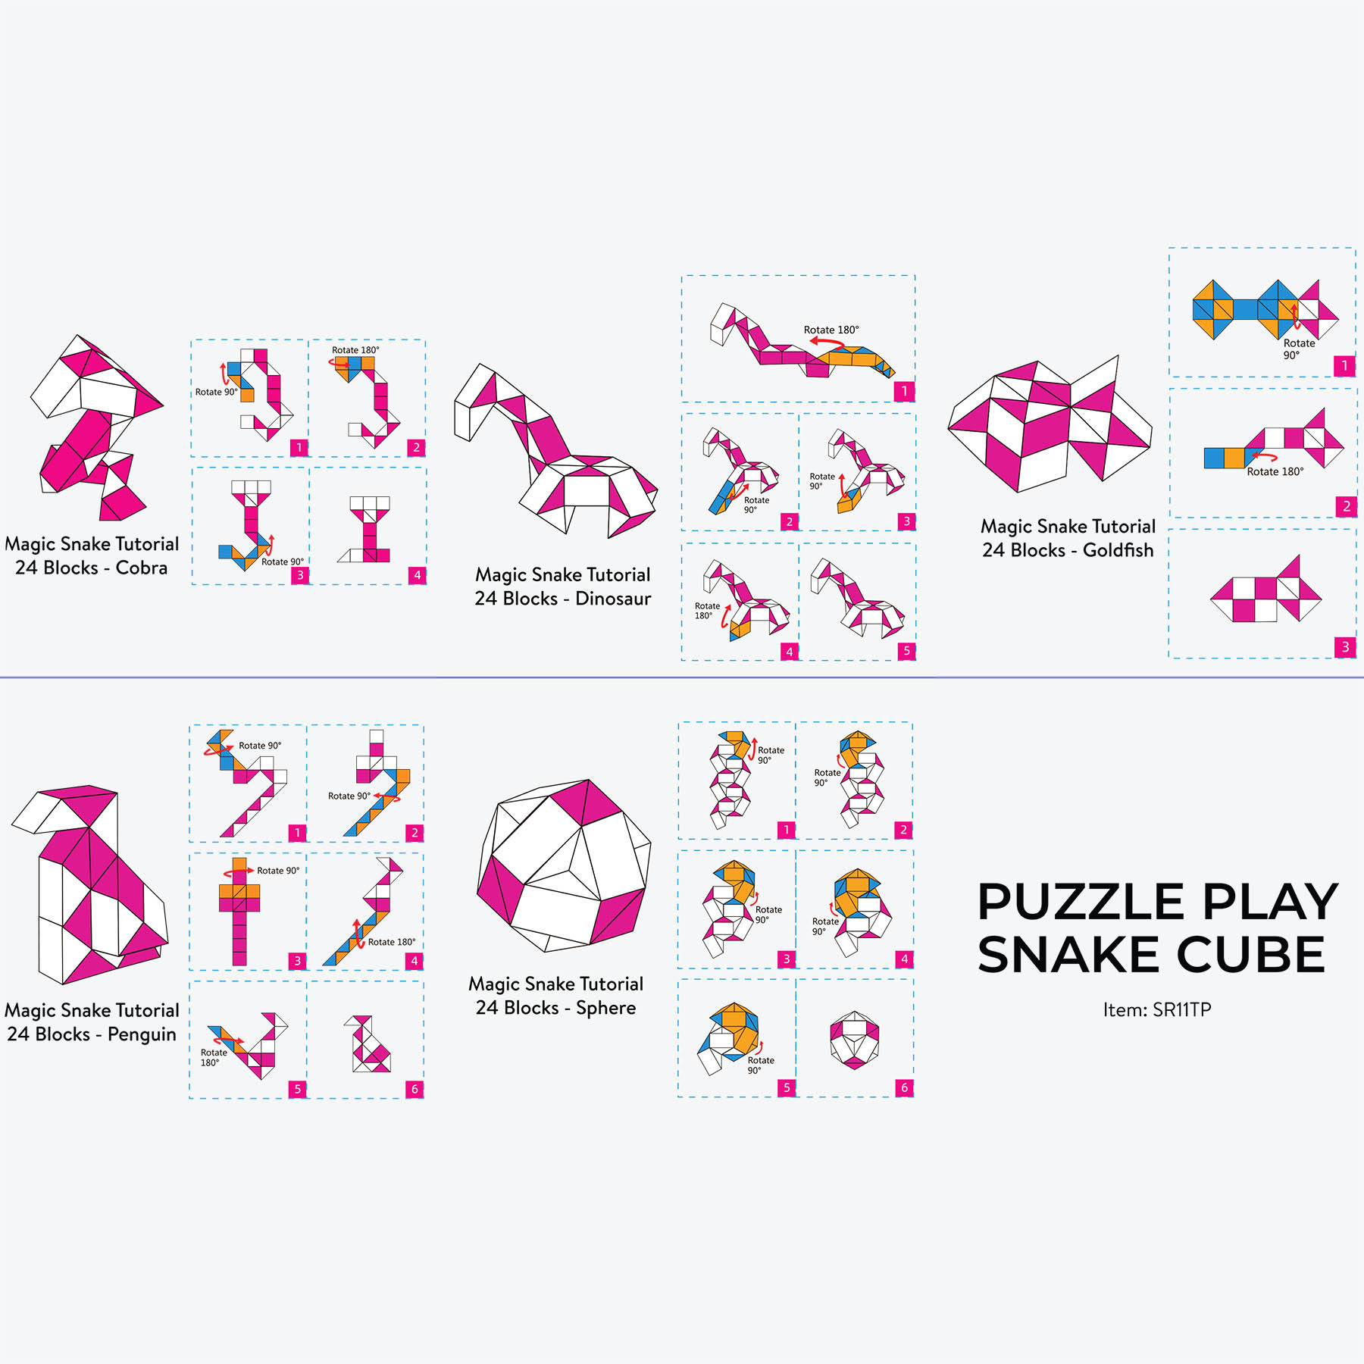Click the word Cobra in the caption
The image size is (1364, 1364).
(141, 568)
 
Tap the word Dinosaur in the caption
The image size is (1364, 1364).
(613, 599)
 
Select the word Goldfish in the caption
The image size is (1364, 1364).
(1118, 550)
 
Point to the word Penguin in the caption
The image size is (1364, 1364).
(142, 1034)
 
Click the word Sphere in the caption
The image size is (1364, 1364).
(605, 1008)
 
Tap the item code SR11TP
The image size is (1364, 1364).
(1181, 1009)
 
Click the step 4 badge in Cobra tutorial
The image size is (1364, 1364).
(417, 575)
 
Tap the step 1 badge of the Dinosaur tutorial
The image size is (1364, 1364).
(904, 392)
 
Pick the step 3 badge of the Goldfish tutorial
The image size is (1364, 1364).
(1345, 647)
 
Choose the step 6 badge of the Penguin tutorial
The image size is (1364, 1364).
(415, 1089)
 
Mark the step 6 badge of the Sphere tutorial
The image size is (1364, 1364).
(904, 1087)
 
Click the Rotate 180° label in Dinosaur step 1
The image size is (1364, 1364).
(831, 330)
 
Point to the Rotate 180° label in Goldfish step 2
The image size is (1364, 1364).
(1275, 471)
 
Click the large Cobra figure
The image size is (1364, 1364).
(95, 428)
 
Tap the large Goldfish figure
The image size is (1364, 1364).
(1050, 424)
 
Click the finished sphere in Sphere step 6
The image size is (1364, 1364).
(854, 1039)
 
